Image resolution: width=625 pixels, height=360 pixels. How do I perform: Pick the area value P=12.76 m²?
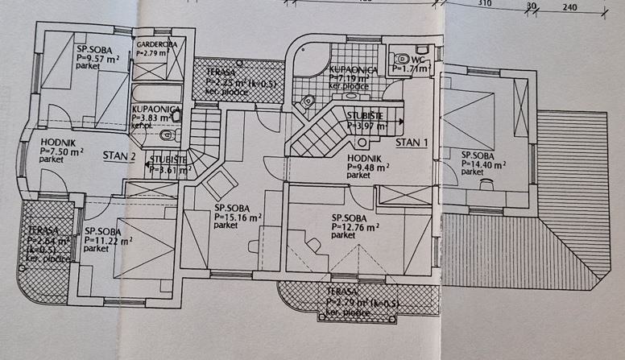coord(354,226)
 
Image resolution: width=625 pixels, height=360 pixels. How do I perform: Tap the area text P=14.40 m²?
coord(483,163)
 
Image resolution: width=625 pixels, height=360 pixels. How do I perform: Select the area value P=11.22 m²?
coord(108,239)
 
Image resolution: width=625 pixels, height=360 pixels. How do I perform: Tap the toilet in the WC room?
coord(400,59)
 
